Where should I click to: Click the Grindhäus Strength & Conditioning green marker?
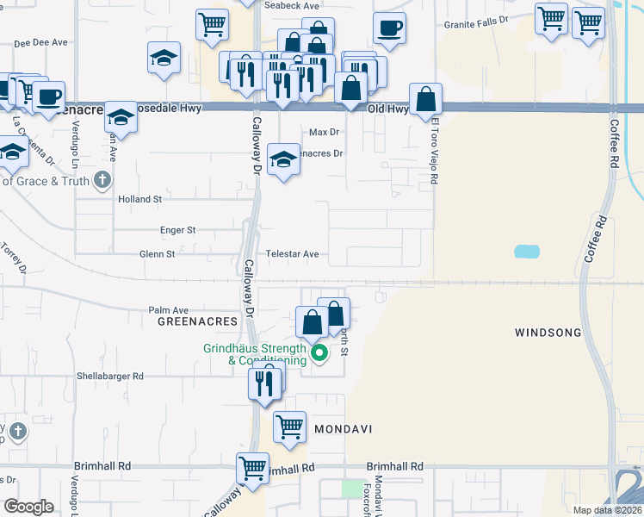coord(319,352)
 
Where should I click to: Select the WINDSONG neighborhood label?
coord(548,332)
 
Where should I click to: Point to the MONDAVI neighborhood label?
coord(342,428)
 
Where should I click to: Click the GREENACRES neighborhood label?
coord(197,321)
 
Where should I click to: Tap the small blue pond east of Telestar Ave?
coord(527,252)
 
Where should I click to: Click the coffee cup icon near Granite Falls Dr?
coord(389,28)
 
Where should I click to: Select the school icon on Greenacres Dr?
coord(283,158)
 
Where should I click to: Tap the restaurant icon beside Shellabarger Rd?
coord(266,380)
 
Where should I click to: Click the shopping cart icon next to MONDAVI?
coord(290,425)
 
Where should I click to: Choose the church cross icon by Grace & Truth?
coord(102,180)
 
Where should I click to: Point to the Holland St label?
coord(139,199)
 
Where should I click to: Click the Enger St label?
coord(178,230)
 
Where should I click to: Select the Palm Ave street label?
coord(168,309)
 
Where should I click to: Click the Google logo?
coord(28,507)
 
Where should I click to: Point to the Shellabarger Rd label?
coord(109,376)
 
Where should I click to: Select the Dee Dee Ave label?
coord(40,41)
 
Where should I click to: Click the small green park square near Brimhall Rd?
coord(352,489)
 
